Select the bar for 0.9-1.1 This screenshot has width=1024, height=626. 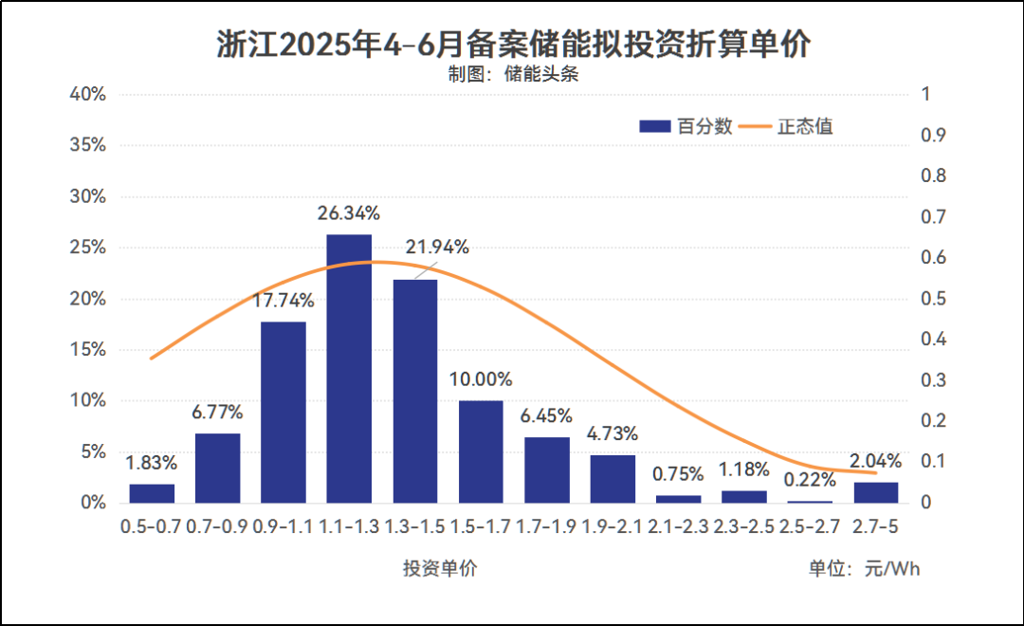click(x=283, y=412)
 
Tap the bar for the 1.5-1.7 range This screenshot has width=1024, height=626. click(x=481, y=451)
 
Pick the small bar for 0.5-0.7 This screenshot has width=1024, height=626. click(x=152, y=493)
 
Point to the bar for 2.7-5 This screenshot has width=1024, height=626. click(x=875, y=492)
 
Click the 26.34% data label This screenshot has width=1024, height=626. click(x=349, y=212)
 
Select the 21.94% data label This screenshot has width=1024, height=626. click(x=437, y=248)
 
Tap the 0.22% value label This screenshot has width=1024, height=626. click(x=810, y=481)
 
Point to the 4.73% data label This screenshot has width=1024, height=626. click(x=612, y=434)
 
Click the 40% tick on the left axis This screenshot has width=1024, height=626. click(x=87, y=95)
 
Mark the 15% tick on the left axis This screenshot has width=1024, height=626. click(x=87, y=350)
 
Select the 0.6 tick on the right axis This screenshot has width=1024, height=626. click(x=934, y=258)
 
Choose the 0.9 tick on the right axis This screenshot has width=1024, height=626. click(x=934, y=136)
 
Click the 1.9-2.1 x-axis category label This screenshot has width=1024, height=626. click(x=612, y=525)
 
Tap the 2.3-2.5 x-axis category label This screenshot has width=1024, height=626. click(x=744, y=525)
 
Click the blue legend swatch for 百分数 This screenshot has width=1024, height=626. click(x=654, y=126)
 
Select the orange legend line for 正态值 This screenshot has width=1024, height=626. click(x=755, y=126)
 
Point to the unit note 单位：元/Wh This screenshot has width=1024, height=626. click(x=864, y=569)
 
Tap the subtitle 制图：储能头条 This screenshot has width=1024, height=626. click(x=513, y=76)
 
